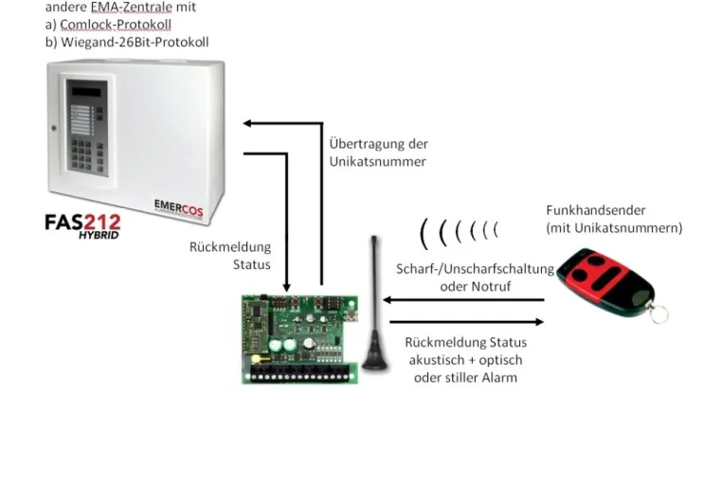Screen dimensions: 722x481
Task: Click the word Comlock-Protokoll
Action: coord(116,25)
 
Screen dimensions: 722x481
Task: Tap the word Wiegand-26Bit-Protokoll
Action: coord(135,43)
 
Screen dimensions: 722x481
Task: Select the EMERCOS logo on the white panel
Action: coord(178,209)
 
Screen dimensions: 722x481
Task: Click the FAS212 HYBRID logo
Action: coord(82,226)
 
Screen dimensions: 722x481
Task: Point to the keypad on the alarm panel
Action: coord(87,155)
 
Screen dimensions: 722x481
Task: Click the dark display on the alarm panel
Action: coord(86,92)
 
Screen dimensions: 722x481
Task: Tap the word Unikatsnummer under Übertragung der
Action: coord(377,162)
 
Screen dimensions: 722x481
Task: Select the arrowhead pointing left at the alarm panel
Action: coord(246,123)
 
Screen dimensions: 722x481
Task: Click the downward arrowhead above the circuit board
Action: coord(286,287)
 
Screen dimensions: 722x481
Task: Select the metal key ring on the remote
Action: coord(659,313)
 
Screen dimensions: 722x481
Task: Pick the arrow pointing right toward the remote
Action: coord(466,322)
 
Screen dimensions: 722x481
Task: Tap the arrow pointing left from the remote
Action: coord(463,300)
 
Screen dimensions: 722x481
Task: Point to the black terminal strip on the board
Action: coord(299,370)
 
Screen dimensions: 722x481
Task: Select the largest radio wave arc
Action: coord(423,234)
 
